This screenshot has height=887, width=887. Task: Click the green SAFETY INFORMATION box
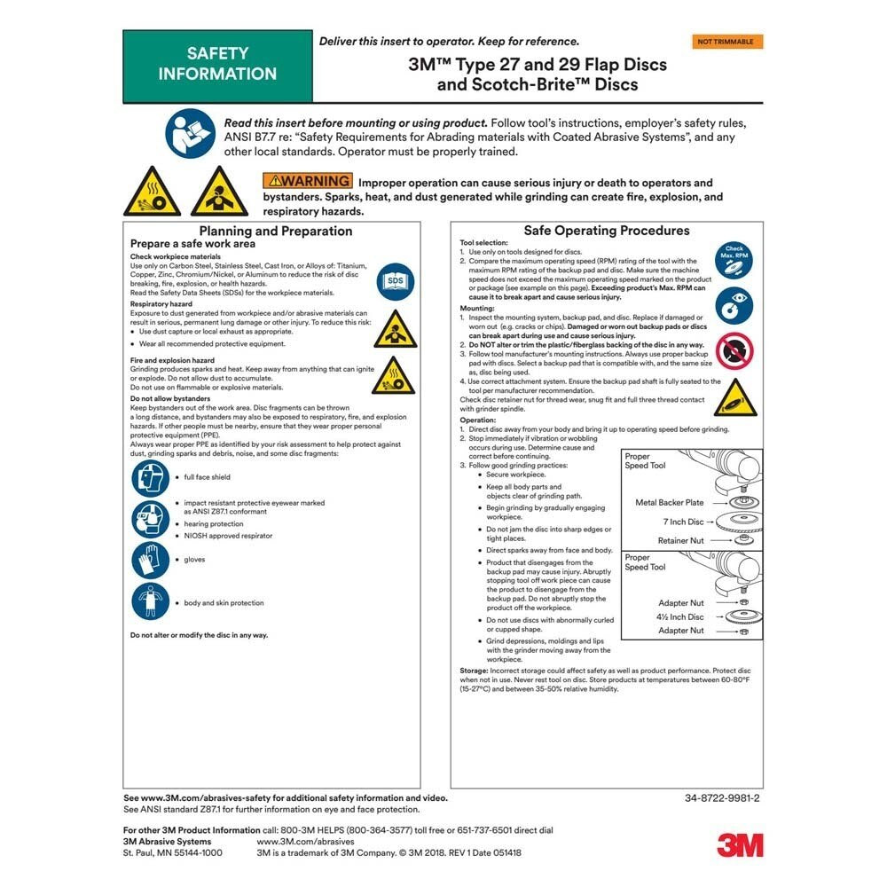click(x=217, y=65)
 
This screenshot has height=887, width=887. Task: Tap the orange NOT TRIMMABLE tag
click(x=726, y=42)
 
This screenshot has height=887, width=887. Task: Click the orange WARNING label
click(x=306, y=182)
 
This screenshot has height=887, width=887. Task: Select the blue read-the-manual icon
click(x=190, y=133)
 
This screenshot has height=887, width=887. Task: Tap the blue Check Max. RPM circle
click(x=734, y=257)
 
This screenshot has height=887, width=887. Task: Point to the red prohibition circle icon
click(x=734, y=351)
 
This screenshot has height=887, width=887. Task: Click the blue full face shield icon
click(x=151, y=478)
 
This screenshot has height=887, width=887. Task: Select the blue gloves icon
click(x=151, y=560)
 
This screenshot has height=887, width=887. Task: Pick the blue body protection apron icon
click(x=151, y=601)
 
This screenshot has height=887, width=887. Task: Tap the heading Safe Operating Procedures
click(x=606, y=231)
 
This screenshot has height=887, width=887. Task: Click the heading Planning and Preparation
click(x=275, y=231)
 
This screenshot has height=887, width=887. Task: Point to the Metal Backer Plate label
click(x=670, y=503)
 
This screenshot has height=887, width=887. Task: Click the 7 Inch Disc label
click(x=683, y=522)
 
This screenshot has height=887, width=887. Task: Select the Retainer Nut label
click(x=680, y=540)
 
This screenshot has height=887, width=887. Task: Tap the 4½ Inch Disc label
click(x=680, y=616)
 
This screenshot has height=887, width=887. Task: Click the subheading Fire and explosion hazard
click(x=172, y=361)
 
